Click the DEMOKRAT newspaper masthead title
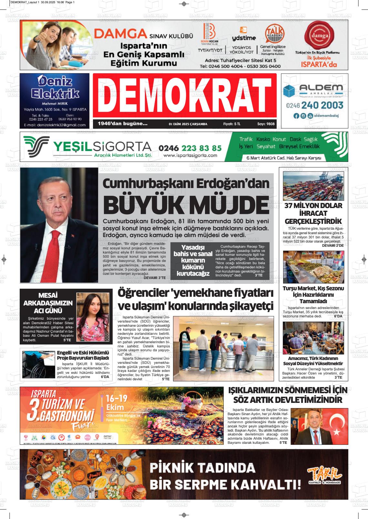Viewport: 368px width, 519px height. [184, 95]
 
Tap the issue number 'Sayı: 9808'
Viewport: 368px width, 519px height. [266, 124]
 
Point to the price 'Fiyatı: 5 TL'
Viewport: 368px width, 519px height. [231, 124]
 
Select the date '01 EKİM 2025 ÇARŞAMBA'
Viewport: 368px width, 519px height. [188, 124]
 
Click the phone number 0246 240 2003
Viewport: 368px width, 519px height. [314, 105]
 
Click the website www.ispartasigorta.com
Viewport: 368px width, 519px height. [190, 155]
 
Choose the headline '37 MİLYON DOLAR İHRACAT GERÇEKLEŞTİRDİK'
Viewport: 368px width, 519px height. [313, 213]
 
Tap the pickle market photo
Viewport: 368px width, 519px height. [313, 267]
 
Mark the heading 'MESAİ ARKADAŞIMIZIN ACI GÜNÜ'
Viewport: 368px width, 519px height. [48, 303]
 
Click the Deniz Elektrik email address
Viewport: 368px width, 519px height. [55, 125]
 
